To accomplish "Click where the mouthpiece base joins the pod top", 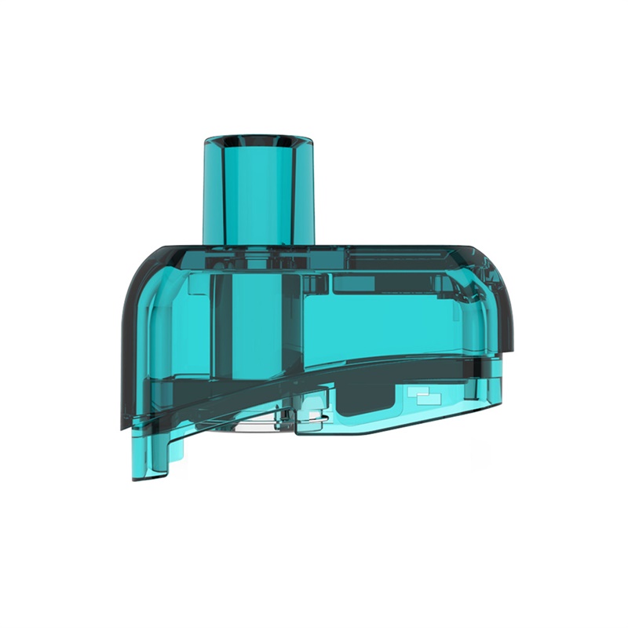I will tap(258, 244).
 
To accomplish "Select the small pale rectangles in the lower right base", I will tap(425, 396).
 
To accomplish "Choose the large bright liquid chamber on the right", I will tap(392, 322).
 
